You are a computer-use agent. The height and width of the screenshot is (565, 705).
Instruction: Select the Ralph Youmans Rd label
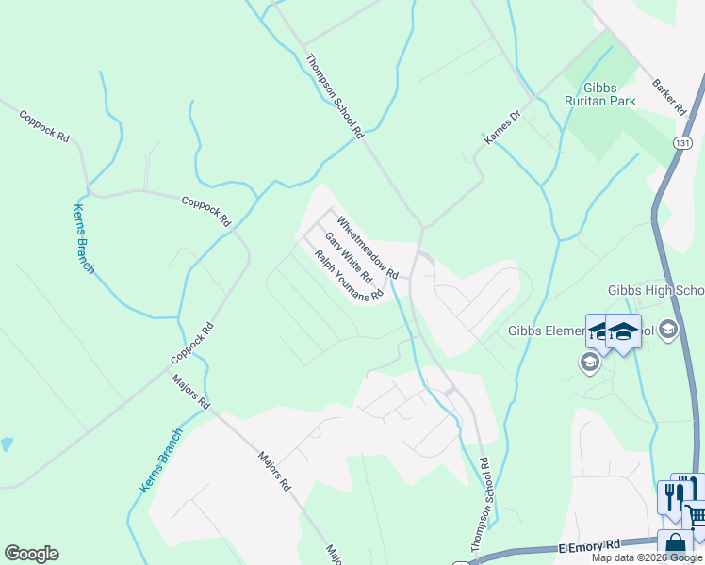tap(349, 275)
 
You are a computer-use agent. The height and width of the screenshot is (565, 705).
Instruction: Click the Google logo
tap(31, 554)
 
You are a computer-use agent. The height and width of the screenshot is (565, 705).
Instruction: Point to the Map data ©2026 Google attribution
tap(647, 557)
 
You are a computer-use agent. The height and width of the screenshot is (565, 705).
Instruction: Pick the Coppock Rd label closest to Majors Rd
tap(193, 345)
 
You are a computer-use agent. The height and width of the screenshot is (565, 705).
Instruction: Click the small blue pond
tap(7, 444)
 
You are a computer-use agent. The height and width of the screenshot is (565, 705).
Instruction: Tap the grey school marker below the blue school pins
tap(590, 363)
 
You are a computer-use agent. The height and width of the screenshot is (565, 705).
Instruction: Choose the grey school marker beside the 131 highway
tap(668, 329)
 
